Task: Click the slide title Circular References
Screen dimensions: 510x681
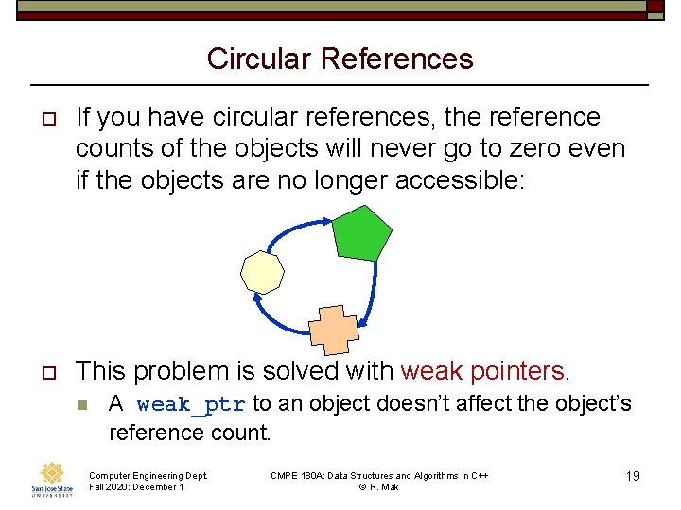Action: tap(340, 59)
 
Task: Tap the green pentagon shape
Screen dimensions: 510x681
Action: tap(362, 233)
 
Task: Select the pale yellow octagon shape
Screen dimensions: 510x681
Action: tap(262, 273)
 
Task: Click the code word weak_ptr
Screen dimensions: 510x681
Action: tap(191, 405)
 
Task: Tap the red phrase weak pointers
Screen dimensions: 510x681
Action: tap(485, 371)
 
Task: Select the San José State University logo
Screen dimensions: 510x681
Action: tap(53, 480)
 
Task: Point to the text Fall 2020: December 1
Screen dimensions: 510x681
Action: tap(136, 487)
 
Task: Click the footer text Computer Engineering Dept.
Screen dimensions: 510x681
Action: tap(148, 475)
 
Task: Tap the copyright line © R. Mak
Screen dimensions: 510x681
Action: tap(379, 487)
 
